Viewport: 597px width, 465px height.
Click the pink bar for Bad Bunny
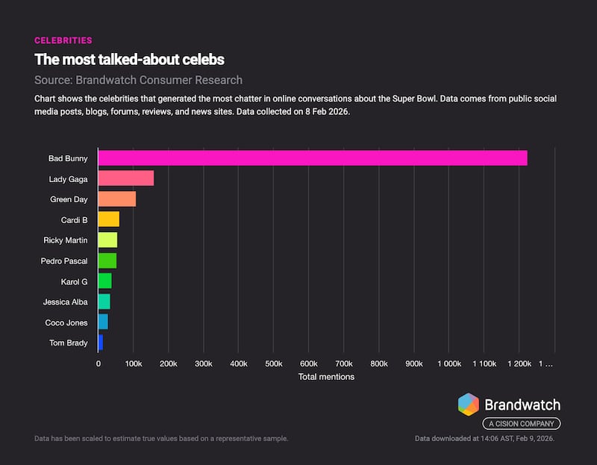[x=313, y=158]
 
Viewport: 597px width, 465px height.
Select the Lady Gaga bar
[x=125, y=178]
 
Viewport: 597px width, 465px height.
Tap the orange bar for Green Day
[x=116, y=199]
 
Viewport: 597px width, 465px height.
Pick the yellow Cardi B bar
[x=108, y=219]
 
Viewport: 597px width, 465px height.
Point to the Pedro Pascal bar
[x=107, y=260]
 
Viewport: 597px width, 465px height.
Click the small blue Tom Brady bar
[x=100, y=343]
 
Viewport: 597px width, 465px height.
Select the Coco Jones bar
[x=103, y=322]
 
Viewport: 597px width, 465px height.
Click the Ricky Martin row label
[x=66, y=240]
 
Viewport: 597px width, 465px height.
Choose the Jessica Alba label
[x=65, y=302]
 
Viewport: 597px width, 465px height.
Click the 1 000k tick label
[x=448, y=363]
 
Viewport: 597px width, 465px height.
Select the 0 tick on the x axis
[x=99, y=363]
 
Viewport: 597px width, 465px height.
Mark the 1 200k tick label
[x=519, y=363]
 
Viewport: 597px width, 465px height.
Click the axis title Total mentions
[x=326, y=377]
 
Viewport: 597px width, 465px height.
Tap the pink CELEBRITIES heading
[x=63, y=40]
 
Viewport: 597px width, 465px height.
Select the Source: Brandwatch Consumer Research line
[x=138, y=80]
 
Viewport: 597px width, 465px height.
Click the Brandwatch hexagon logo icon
[x=469, y=405]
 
